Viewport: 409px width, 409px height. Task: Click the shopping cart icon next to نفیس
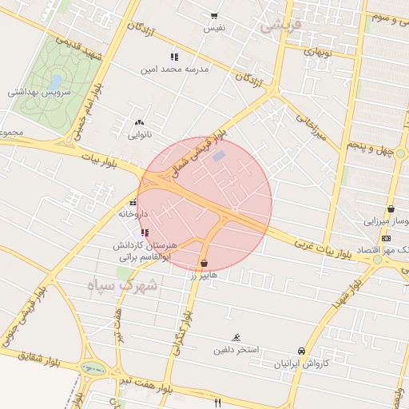(213, 16)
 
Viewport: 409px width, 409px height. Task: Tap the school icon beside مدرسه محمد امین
(174, 57)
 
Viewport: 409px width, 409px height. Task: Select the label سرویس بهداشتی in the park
(40, 92)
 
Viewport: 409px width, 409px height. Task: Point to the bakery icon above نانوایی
(141, 122)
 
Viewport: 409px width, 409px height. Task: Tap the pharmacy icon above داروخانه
(133, 201)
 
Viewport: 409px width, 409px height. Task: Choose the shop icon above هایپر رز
(204, 263)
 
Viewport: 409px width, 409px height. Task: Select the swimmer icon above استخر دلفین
(236, 338)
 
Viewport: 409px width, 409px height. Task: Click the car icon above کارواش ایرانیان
(301, 351)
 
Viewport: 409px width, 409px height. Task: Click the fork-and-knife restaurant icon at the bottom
(216, 402)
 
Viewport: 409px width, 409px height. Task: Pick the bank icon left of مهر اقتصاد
(387, 238)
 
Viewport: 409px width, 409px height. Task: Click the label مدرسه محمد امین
(175, 69)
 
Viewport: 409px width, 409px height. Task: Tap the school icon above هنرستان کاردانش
(145, 232)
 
